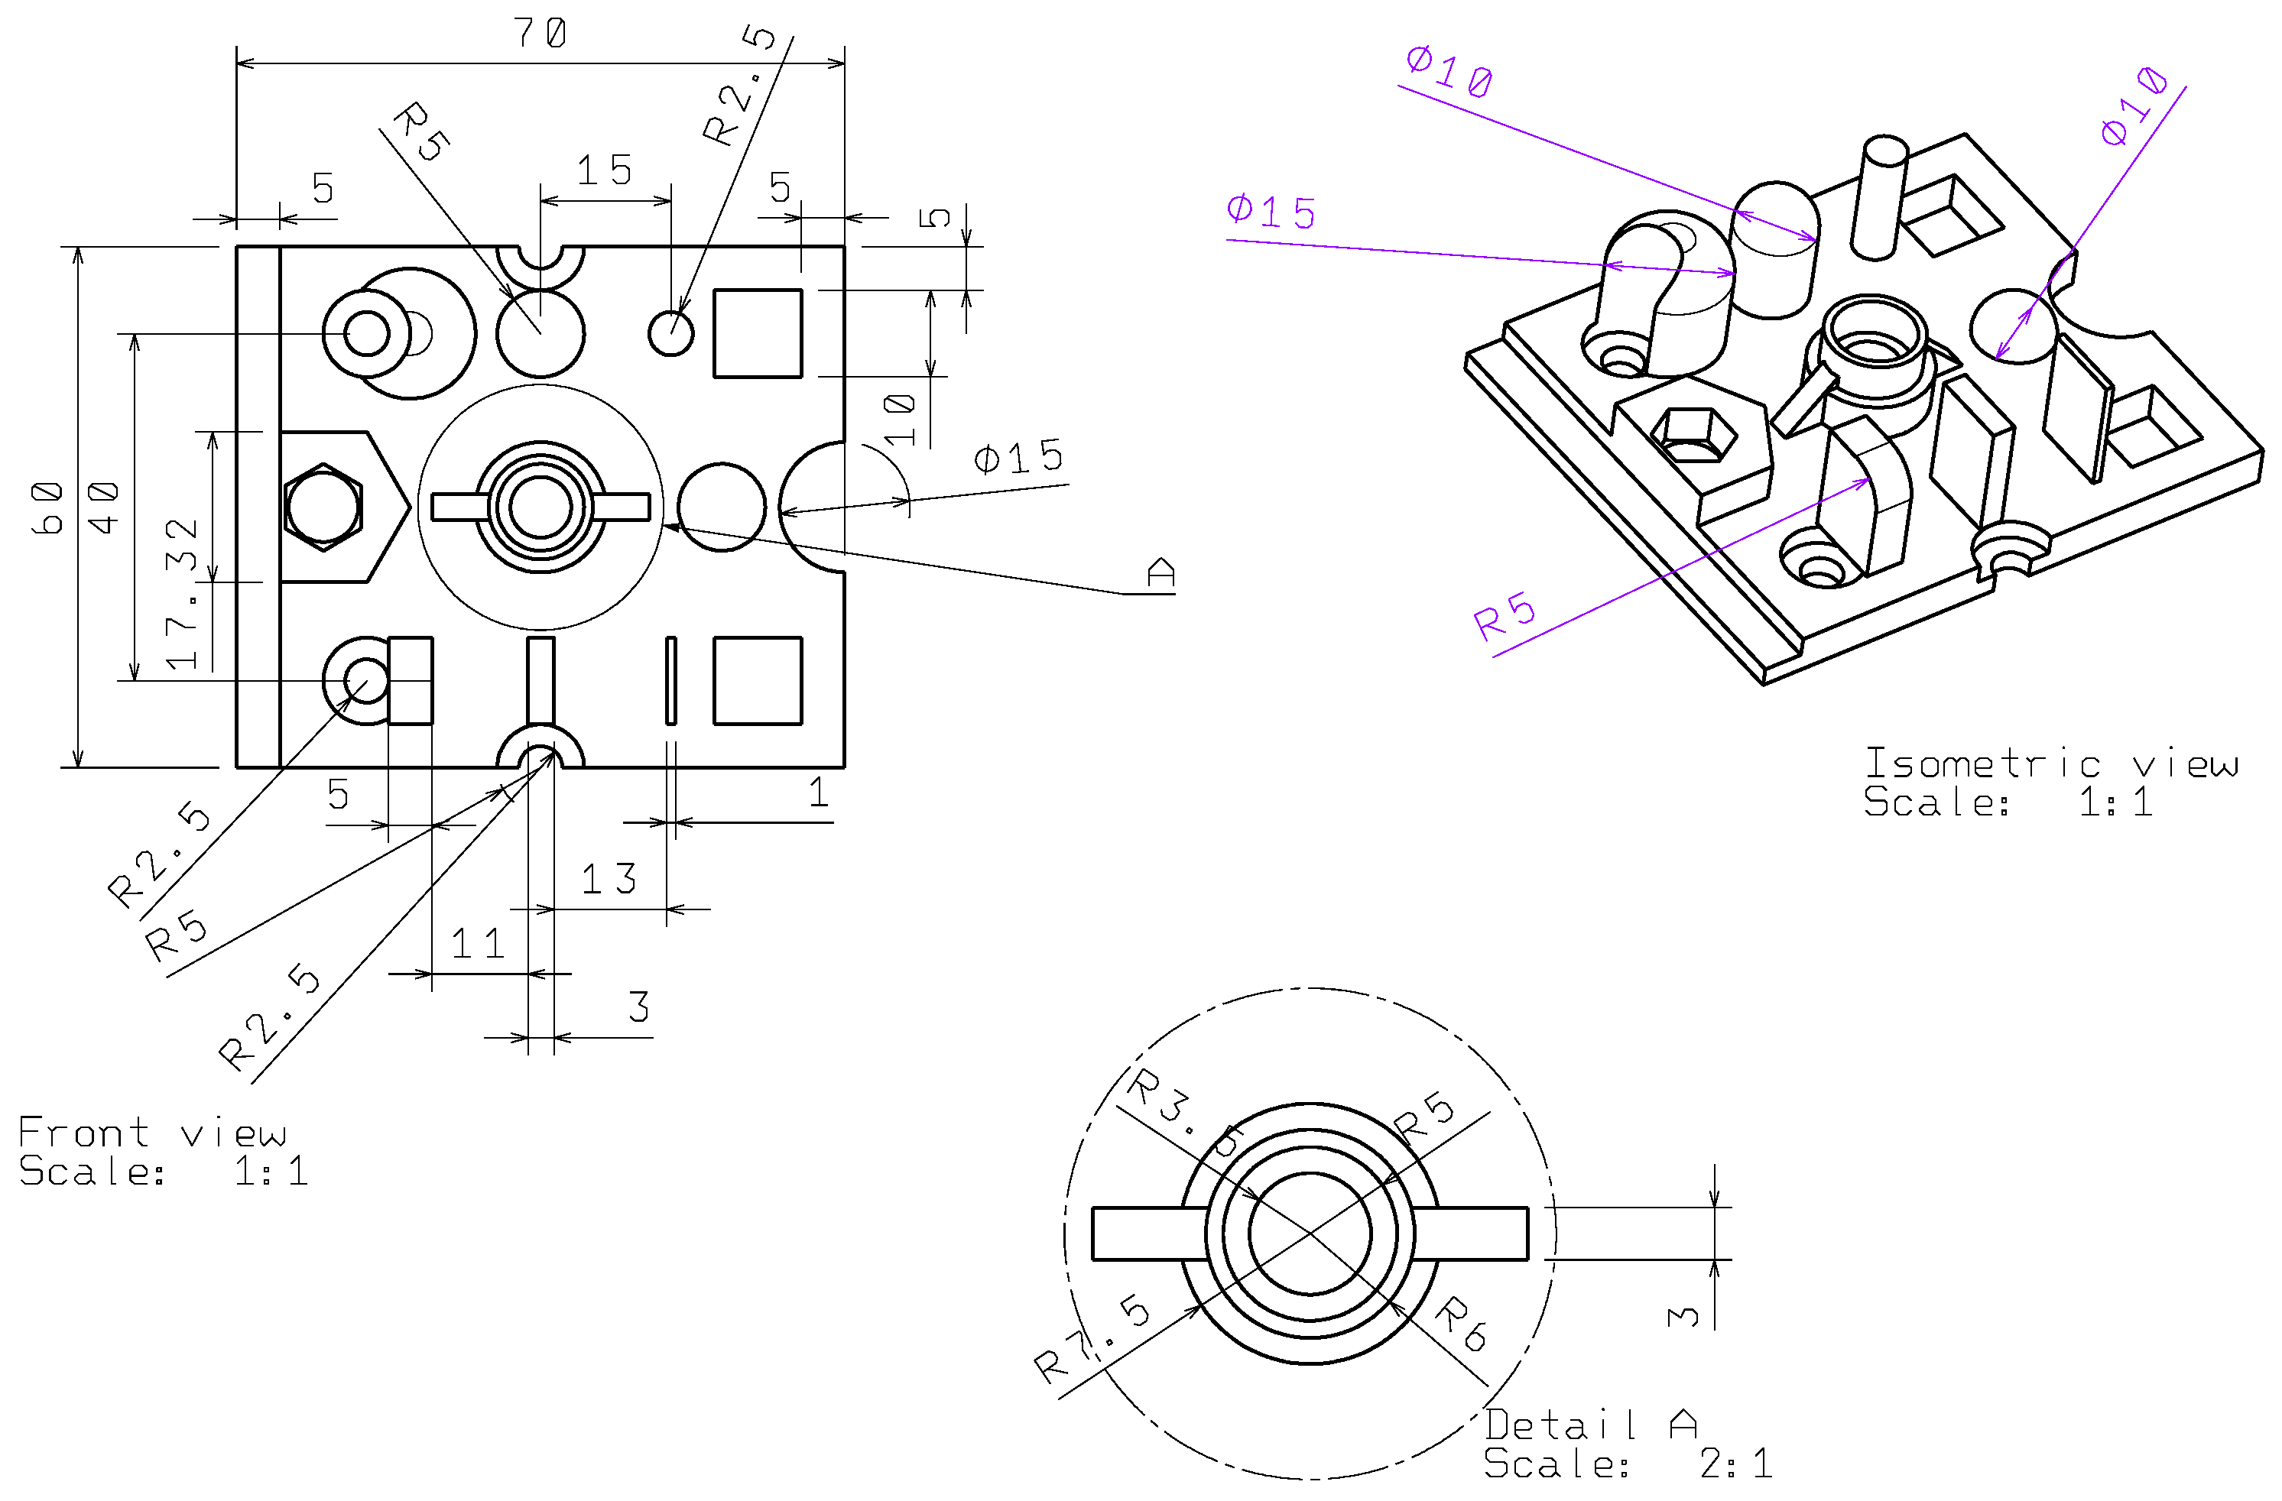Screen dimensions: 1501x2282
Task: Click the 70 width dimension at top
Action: click(x=540, y=34)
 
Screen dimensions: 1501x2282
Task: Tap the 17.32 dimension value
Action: click(x=181, y=595)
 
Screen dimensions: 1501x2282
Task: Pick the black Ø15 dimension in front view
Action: click(x=1018, y=457)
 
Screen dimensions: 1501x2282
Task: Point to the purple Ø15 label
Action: click(x=1271, y=212)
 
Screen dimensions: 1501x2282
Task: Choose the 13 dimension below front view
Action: click(x=608, y=879)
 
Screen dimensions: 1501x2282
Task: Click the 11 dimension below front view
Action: click(x=478, y=944)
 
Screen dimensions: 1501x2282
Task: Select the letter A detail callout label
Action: click(x=1160, y=572)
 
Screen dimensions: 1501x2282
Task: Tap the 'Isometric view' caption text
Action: click(x=2050, y=764)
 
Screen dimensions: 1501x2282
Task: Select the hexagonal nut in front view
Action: click(x=324, y=507)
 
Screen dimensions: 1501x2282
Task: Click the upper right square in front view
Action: click(x=758, y=332)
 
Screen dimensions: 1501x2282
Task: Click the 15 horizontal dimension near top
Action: click(x=604, y=171)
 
